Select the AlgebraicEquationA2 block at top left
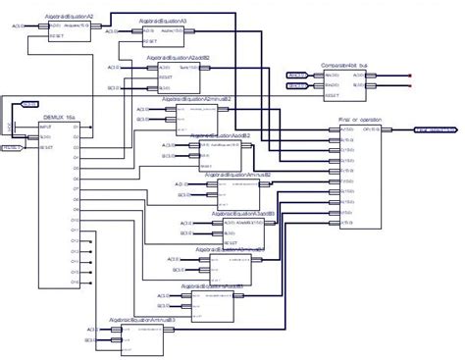[x=68, y=18]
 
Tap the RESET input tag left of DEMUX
[x=12, y=147]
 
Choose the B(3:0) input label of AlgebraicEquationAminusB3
[x=90, y=341]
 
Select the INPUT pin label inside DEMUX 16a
[x=45, y=127]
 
